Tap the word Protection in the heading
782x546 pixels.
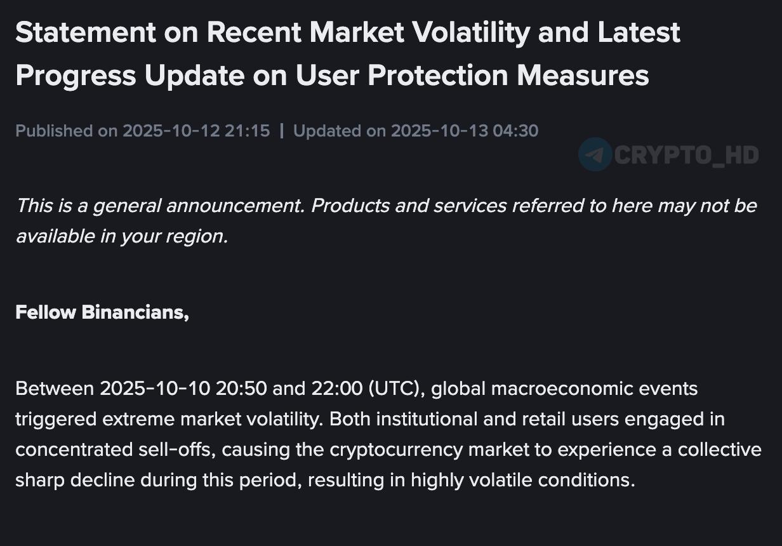click(438, 76)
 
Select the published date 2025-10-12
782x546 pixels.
click(171, 131)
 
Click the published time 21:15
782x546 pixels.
click(247, 131)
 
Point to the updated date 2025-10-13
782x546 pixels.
click(439, 131)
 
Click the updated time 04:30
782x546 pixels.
click(515, 131)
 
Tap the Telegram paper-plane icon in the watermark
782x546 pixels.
click(595, 154)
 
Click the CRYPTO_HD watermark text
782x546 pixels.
click(686, 155)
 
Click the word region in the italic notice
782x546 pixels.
click(197, 237)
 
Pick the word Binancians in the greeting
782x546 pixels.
click(135, 312)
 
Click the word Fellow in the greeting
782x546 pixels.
click(46, 312)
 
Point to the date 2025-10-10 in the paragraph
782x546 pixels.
click(155, 389)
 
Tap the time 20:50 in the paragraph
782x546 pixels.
click(241, 389)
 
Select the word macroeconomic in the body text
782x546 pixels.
click(562, 389)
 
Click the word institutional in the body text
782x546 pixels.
click(427, 419)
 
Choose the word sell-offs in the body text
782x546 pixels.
click(175, 449)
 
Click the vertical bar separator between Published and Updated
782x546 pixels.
click(282, 131)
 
